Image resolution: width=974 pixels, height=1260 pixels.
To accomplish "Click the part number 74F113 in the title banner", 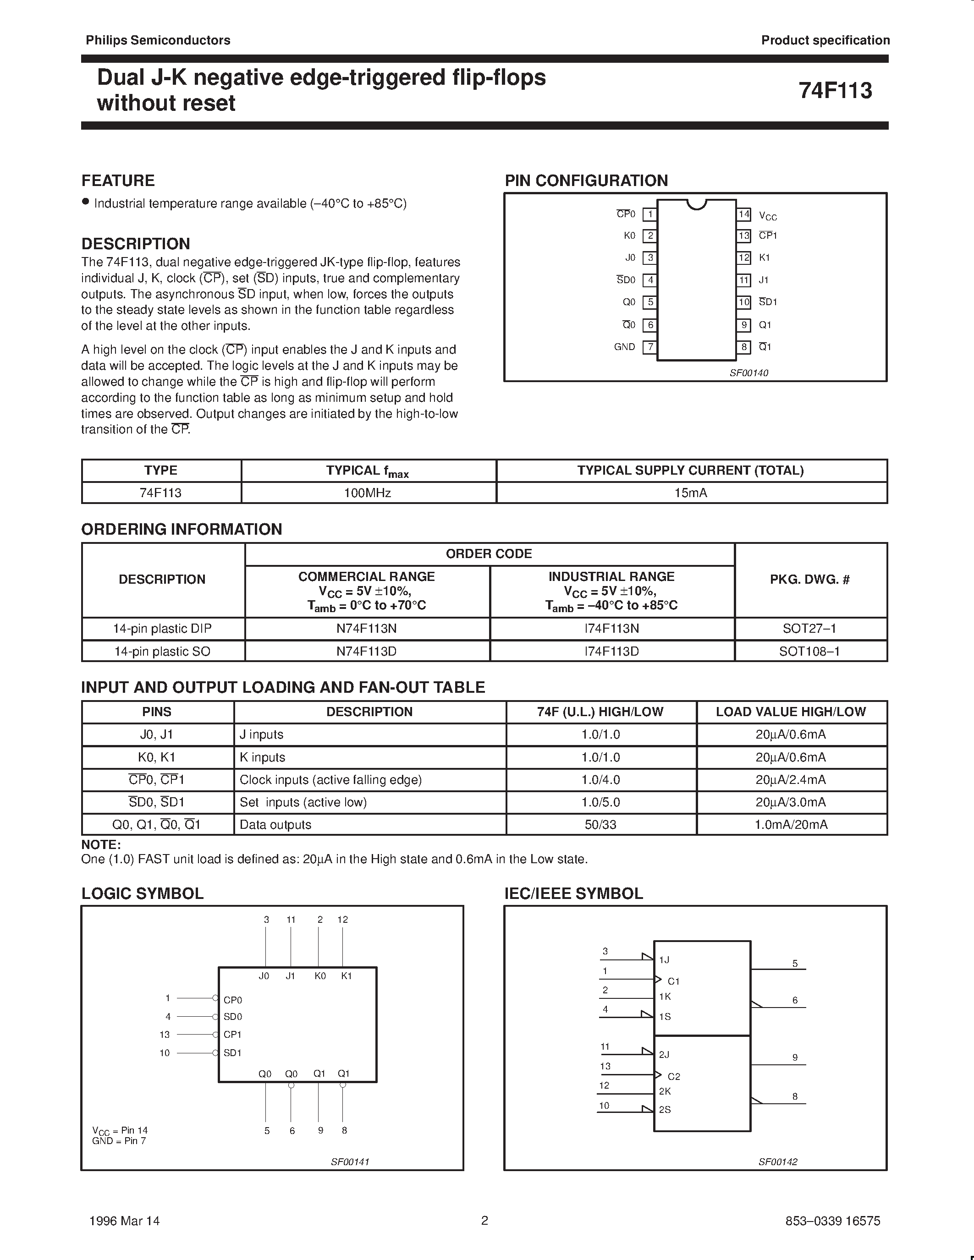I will point(835,91).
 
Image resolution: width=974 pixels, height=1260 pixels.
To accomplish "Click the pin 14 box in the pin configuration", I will point(744,214).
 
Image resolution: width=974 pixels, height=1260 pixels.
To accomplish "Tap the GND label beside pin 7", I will point(624,347).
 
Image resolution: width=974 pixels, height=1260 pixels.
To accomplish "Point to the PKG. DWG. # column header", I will point(809,579).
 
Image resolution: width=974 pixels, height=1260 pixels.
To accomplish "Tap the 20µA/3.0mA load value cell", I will point(791,802).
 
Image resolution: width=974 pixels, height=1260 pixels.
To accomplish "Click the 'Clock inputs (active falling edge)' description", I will point(330,779).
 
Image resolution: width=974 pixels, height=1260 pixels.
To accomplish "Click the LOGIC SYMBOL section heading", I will point(143,893).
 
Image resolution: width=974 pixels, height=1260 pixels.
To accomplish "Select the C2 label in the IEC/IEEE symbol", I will point(673,1077).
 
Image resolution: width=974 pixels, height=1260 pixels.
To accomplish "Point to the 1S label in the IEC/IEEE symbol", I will point(665,1017).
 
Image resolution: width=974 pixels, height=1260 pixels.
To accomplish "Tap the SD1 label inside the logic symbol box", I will point(232,1053).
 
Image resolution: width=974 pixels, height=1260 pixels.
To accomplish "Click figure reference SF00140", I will point(748,373).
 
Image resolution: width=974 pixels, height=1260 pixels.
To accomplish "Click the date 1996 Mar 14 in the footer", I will point(125,1221).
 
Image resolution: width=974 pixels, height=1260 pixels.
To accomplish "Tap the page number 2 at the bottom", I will point(484,1220).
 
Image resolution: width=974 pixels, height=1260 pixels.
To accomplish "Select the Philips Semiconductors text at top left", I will point(158,40).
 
